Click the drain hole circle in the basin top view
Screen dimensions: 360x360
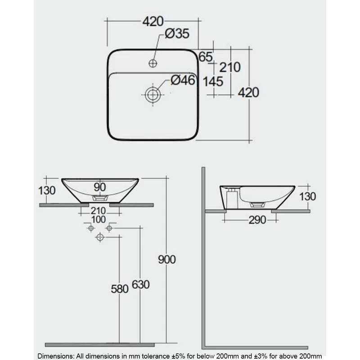pyautogui.click(x=153, y=94)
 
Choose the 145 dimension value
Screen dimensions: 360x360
pyautogui.click(x=214, y=81)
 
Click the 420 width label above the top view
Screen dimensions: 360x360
pyautogui.click(x=153, y=21)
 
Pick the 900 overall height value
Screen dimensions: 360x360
pyautogui.click(x=167, y=260)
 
